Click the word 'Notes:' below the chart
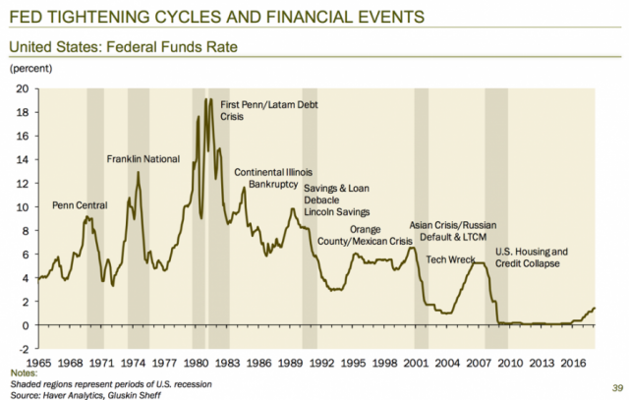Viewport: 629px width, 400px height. click(x=23, y=373)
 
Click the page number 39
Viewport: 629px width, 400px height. click(x=616, y=386)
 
